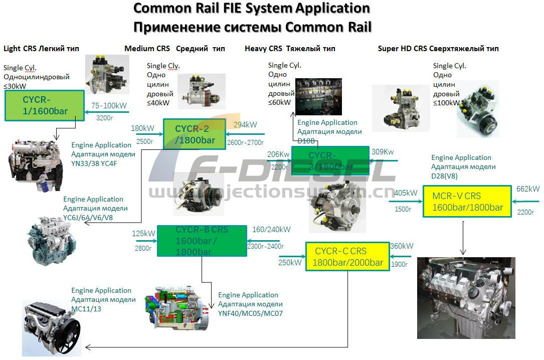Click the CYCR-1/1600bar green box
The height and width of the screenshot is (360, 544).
click(44, 105)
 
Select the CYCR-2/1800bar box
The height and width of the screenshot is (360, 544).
click(195, 134)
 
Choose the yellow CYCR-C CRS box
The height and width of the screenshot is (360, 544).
click(347, 257)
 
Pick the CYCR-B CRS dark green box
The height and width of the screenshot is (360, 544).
click(202, 241)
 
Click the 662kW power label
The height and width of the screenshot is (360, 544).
click(528, 189)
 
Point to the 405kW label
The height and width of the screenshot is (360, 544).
click(406, 193)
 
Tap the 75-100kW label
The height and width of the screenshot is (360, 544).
click(108, 106)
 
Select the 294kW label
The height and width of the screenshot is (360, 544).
click(245, 125)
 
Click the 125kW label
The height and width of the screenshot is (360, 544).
click(143, 233)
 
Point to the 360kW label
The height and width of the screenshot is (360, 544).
click(402, 246)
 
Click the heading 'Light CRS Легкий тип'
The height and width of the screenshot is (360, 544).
click(41, 49)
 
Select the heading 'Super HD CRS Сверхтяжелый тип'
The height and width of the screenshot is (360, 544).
click(438, 49)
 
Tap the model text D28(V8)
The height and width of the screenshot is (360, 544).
click(444, 176)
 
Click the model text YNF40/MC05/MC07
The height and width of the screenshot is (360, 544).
click(251, 313)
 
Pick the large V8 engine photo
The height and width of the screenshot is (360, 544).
click(466, 298)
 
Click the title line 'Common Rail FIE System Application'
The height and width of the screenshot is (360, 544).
click(252, 9)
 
